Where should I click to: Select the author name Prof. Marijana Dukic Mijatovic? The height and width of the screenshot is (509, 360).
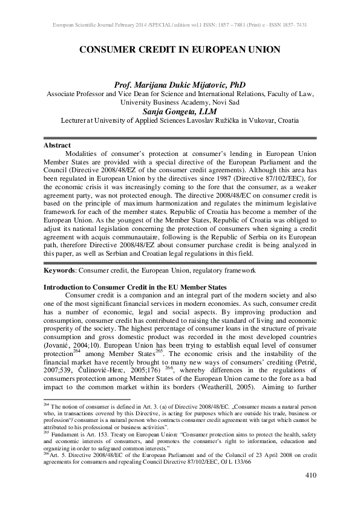[180, 85]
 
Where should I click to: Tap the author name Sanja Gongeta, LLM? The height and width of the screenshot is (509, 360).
[180, 111]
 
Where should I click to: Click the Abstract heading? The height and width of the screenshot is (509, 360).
[57, 146]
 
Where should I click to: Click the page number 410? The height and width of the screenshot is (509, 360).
[311, 475]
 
